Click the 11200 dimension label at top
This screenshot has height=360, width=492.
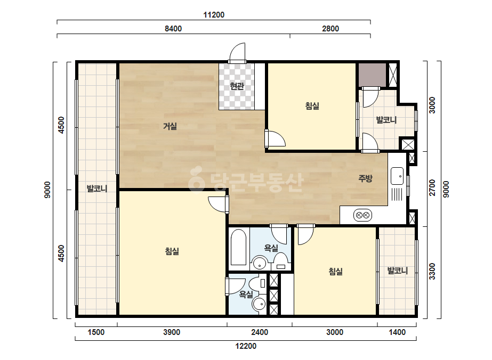click(x=214, y=15)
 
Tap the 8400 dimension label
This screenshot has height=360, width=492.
click(x=173, y=29)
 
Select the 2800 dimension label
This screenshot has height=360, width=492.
click(x=330, y=29)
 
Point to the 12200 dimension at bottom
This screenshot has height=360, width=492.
click(x=246, y=346)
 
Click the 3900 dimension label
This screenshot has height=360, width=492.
click(x=172, y=332)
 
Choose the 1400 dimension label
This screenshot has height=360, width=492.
click(x=397, y=332)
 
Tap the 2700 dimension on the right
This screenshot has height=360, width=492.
click(x=432, y=187)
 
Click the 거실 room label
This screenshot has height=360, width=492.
click(x=170, y=126)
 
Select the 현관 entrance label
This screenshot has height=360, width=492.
click(x=237, y=86)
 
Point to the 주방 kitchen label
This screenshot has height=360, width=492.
click(x=365, y=178)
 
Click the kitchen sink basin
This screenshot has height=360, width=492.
click(x=397, y=176)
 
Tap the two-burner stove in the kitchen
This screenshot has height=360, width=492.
click(x=362, y=216)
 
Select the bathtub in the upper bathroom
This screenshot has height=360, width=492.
click(x=238, y=248)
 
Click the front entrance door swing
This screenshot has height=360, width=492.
click(x=237, y=52)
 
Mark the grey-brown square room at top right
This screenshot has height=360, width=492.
click(x=373, y=75)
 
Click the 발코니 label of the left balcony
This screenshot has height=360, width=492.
click(x=97, y=189)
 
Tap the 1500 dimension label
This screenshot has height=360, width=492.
click(x=96, y=332)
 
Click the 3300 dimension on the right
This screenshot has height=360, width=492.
click(x=432, y=271)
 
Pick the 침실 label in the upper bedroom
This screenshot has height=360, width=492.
click(x=312, y=106)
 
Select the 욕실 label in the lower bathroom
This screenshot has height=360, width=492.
click(x=246, y=294)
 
